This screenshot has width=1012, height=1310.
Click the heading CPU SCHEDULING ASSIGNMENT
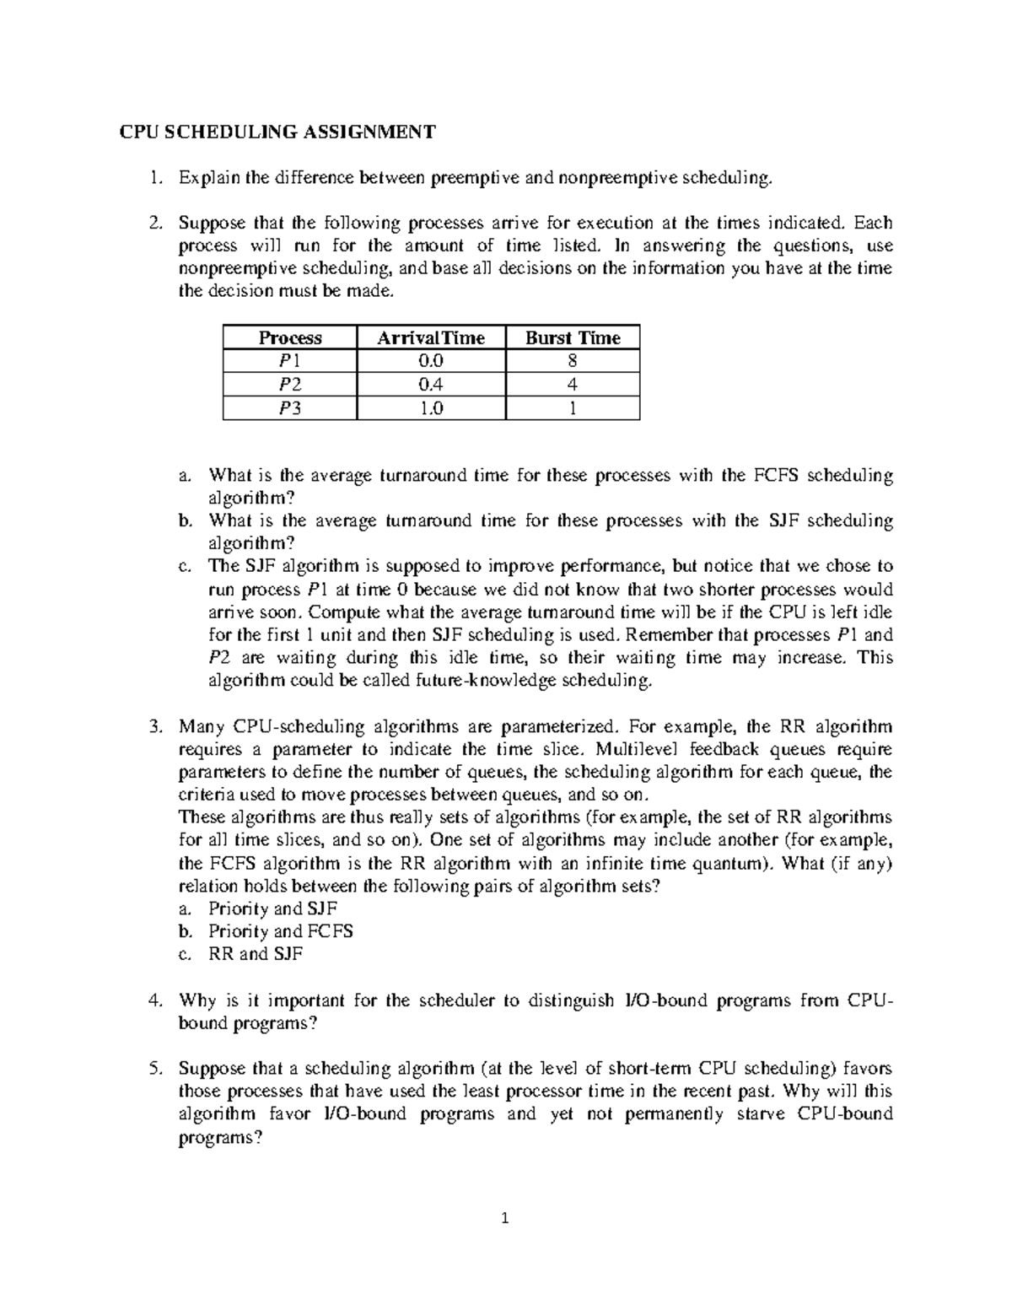[277, 132]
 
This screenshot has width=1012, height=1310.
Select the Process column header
[289, 338]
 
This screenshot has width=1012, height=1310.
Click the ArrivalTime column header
[431, 338]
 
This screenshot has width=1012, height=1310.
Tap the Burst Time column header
[573, 338]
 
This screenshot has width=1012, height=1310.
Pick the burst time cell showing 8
[573, 362]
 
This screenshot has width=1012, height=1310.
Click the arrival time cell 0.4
[431, 385]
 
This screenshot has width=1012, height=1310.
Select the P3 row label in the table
[289, 409]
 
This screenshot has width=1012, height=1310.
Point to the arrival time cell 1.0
[431, 409]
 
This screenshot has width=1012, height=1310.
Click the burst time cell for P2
[573, 385]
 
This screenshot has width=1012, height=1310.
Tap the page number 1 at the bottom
[505, 1218]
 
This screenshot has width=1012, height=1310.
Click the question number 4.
[153, 1000]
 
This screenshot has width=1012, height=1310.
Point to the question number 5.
[153, 1069]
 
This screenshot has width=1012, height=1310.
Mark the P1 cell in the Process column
[289, 362]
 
